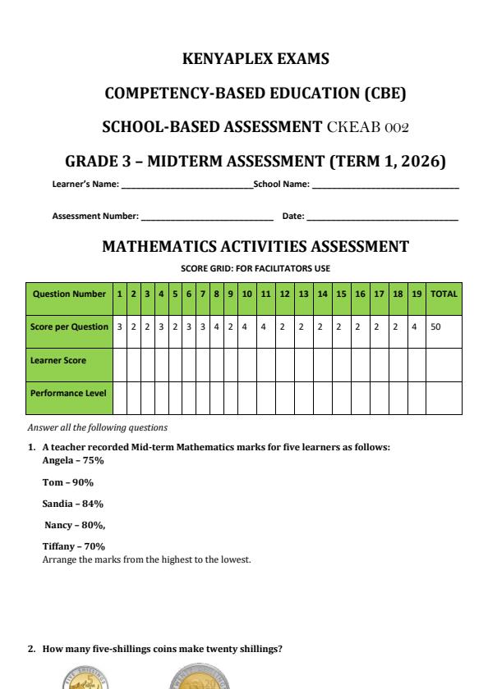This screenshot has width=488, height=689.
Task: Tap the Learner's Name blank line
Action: point(186,185)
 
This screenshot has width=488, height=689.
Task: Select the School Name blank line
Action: point(384,185)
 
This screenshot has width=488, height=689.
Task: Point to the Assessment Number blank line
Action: point(206,217)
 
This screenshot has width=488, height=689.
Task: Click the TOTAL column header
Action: point(444,294)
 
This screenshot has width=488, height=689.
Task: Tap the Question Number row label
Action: point(69,294)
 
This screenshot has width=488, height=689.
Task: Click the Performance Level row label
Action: point(69,393)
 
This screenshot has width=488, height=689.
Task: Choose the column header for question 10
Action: point(246,294)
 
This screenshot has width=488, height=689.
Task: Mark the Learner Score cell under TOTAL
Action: point(444,360)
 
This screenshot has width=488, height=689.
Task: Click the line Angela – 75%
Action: point(73,461)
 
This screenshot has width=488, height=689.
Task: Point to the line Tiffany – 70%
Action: point(73,546)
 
